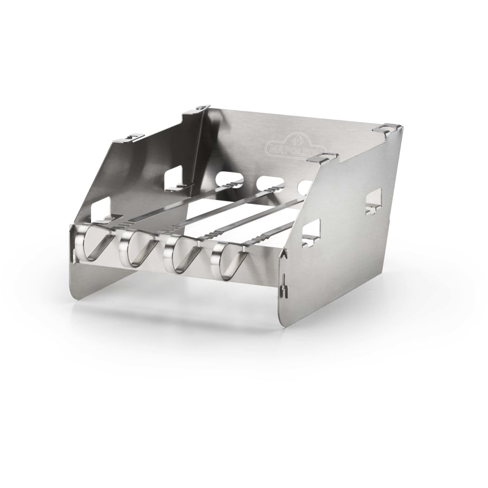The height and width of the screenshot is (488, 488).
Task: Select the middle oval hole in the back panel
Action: click(x=267, y=184)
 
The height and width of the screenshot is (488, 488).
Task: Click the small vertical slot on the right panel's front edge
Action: click(x=283, y=290)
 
